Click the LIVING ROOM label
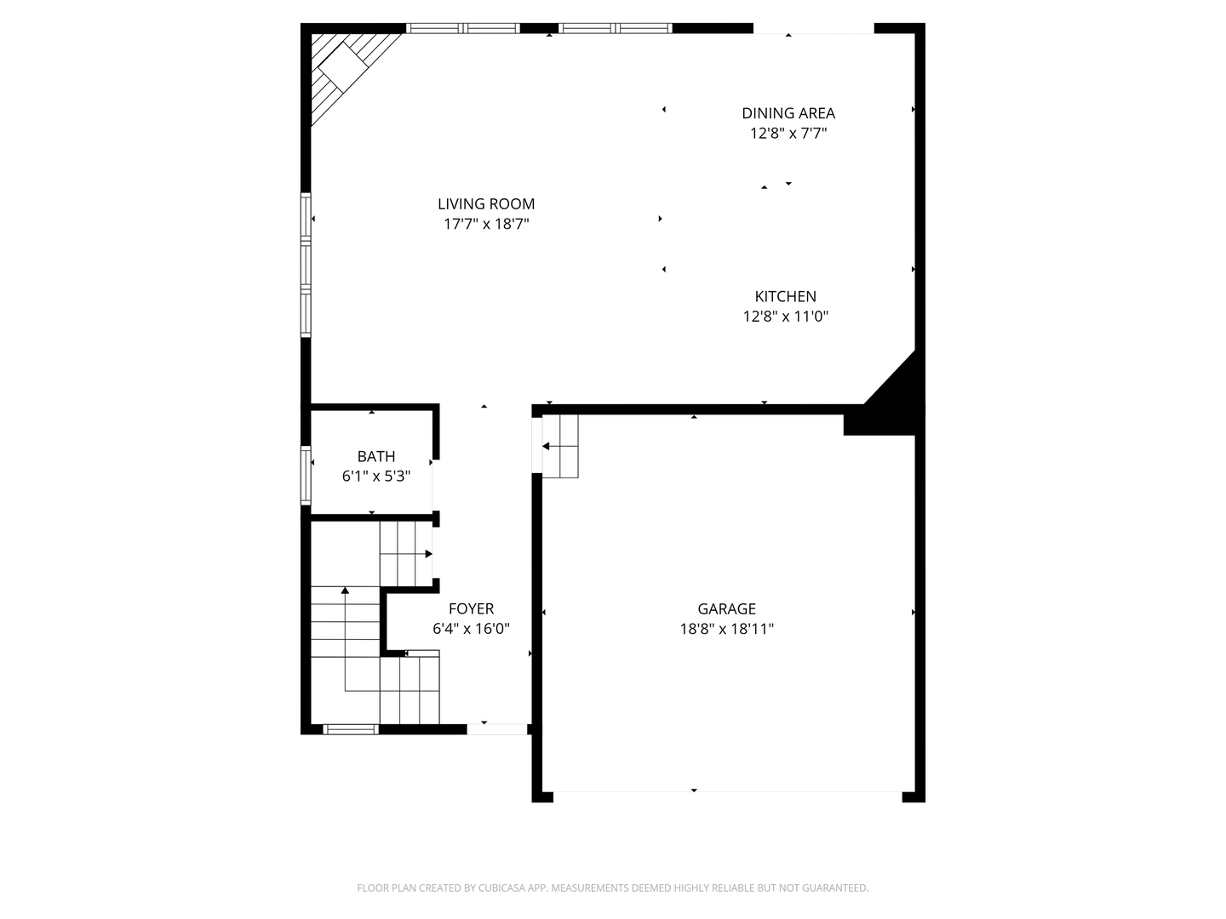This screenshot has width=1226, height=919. click(486, 203)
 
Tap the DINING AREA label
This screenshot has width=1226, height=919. click(788, 113)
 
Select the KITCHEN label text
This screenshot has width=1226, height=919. click(785, 296)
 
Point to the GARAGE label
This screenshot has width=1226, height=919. click(727, 608)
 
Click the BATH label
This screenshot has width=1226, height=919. click(376, 456)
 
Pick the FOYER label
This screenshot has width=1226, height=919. click(471, 608)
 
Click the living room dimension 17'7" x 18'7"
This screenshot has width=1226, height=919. click(486, 225)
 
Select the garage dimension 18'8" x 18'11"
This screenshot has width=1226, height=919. click(727, 630)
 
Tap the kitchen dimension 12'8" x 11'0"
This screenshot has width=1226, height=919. click(785, 317)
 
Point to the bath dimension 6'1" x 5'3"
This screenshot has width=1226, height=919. click(376, 477)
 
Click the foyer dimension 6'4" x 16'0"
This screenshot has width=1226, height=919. click(471, 630)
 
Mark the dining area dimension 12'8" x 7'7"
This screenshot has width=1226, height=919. click(788, 134)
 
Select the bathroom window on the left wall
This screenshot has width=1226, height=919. click(306, 476)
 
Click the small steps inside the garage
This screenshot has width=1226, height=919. click(560, 447)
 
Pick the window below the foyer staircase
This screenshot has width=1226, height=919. click(351, 729)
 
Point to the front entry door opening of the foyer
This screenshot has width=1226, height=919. click(497, 729)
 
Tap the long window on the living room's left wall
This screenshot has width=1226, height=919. click(306, 265)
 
